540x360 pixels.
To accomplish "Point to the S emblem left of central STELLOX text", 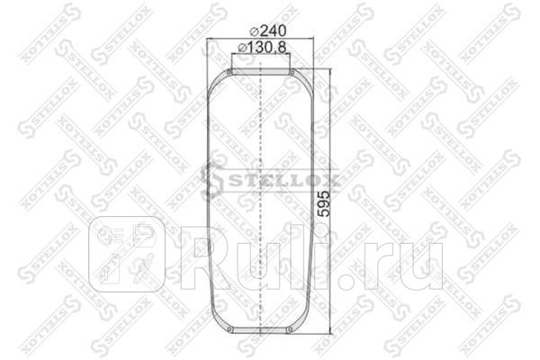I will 211,180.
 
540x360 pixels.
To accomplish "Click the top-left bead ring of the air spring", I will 230,72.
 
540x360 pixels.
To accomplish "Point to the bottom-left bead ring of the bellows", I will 230,329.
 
